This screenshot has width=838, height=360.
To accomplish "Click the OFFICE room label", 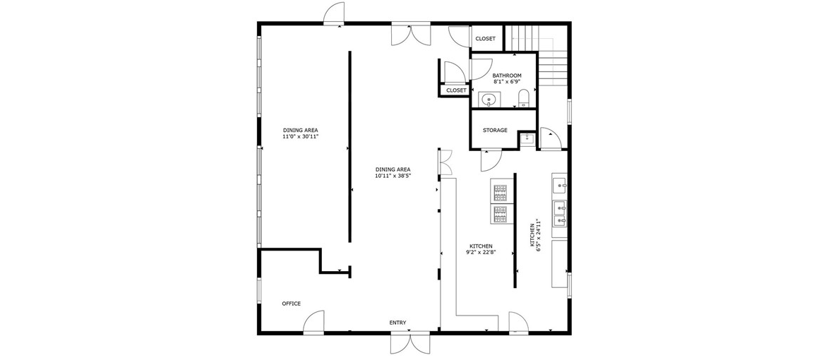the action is tap(292, 304).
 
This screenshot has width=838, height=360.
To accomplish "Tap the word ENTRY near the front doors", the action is tap(397, 323).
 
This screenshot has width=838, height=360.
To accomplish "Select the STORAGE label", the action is tap(495, 131).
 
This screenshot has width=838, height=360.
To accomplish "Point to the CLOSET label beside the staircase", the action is tap(485, 38).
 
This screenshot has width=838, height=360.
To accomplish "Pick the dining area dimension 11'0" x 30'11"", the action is tap(304, 137).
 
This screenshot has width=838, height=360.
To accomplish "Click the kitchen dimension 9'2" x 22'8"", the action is tap(481, 253).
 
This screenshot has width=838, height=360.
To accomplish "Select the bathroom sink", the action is tap(489, 100).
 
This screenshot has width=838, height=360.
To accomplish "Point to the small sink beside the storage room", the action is tap(527, 139).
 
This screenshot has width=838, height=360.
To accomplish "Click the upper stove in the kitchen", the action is tap(501, 192).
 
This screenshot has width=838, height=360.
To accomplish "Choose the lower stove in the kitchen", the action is tap(501, 214).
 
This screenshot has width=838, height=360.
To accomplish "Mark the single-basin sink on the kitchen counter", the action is tap(560, 186).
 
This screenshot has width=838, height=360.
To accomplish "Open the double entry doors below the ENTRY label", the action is tap(410, 343).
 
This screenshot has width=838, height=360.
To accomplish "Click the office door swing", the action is tap(313, 322).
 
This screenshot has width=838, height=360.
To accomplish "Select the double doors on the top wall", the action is tap(410, 34).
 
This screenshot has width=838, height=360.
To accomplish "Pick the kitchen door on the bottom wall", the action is tap(518, 322).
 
